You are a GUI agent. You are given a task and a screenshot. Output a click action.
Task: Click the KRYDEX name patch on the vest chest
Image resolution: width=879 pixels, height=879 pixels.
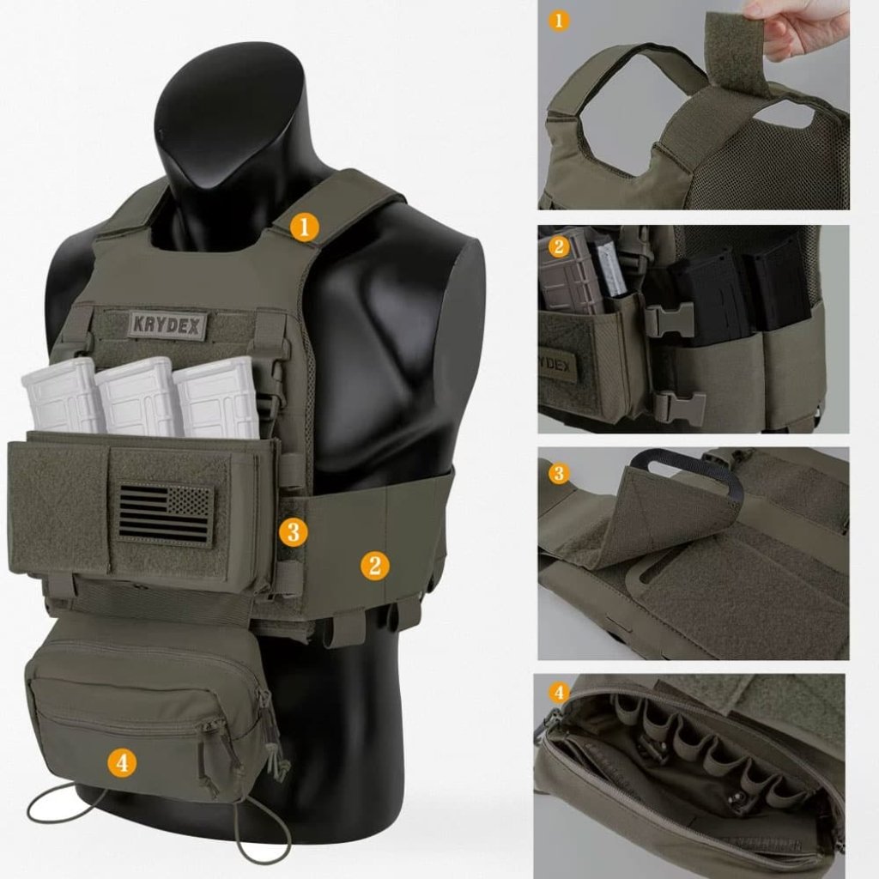[x=168, y=324]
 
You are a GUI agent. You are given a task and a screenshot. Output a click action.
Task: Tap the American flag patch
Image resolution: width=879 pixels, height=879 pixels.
[x=165, y=514]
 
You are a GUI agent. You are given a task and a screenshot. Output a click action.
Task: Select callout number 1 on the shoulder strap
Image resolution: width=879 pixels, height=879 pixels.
[x=304, y=227]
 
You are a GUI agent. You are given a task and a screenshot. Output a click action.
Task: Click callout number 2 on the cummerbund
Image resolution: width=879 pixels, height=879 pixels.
[x=374, y=565]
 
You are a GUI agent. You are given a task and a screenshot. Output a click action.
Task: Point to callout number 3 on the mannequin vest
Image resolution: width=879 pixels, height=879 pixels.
[x=293, y=531]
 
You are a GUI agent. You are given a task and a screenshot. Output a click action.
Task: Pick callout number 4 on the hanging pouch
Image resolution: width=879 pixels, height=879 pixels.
[x=123, y=761]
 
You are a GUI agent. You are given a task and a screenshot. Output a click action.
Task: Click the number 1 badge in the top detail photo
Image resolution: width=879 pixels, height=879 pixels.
[x=559, y=19]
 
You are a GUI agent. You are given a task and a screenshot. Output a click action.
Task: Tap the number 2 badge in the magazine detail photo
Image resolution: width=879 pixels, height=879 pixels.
[x=559, y=247]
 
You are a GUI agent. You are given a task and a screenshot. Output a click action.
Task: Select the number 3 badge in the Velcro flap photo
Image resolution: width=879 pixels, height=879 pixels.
[x=559, y=473]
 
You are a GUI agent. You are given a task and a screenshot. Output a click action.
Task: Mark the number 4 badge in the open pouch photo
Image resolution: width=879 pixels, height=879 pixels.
[x=559, y=692]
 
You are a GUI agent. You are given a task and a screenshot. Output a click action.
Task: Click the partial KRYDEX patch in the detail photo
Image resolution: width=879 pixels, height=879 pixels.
[x=559, y=365]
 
